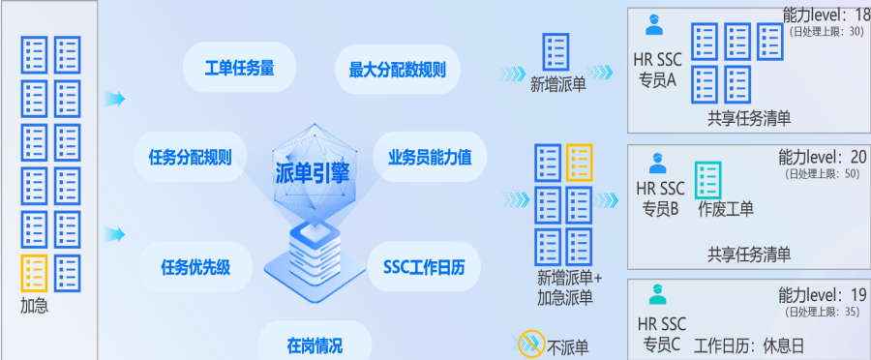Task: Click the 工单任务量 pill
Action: point(239,69)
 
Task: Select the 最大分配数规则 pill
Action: point(397,70)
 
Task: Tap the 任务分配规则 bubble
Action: point(190,157)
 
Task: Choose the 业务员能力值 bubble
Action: point(430,157)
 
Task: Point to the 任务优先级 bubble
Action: point(195,267)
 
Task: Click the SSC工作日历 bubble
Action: point(424,267)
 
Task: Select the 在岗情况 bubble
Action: point(315,345)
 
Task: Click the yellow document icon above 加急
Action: point(35,273)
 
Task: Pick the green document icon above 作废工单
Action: point(708,180)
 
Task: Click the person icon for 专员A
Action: point(654,25)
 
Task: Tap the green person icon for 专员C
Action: point(658,294)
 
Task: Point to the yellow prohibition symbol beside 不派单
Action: point(531,344)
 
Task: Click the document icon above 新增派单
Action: point(556,52)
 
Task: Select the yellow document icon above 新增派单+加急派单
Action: point(580,163)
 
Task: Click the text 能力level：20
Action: point(822,158)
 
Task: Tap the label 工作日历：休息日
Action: point(749,346)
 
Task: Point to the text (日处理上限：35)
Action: point(822,312)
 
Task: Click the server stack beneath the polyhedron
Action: point(315,260)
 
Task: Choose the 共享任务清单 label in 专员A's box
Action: point(749,118)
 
